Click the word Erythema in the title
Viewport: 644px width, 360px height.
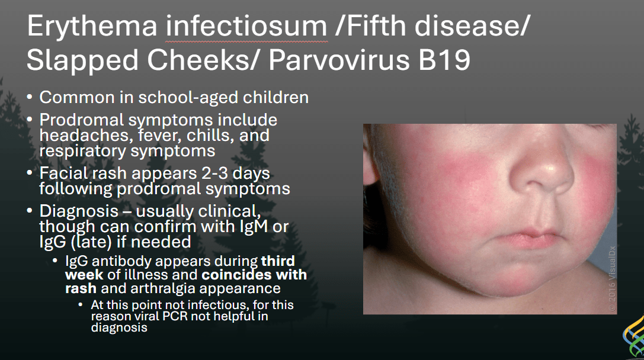92,27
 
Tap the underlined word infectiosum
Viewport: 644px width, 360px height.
246,25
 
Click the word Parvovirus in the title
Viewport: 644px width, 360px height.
339,60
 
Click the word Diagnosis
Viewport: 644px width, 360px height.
79,211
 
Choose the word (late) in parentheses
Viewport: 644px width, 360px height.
91,242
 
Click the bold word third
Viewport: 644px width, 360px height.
278,261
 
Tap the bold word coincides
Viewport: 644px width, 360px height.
236,275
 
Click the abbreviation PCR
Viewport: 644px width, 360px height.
176,316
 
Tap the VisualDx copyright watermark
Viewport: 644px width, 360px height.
612,279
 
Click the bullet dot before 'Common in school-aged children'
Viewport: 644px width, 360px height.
30,98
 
